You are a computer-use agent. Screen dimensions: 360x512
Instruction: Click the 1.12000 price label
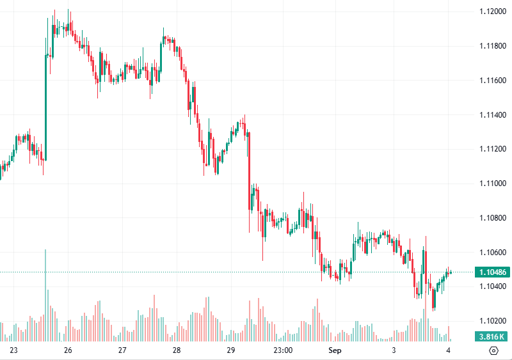coord(492,12)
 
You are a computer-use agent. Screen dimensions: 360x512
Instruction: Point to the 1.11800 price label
coord(492,46)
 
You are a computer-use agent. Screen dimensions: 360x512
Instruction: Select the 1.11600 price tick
coord(492,81)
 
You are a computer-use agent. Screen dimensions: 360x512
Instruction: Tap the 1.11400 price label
coord(492,115)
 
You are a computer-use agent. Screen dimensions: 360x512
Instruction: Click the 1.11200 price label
coord(492,149)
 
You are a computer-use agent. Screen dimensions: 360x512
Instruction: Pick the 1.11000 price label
coord(492,184)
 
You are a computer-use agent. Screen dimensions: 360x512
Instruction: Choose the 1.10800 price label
coord(492,218)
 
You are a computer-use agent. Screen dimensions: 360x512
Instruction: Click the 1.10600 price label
coord(492,252)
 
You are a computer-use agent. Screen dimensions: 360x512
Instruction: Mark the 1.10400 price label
coord(492,286)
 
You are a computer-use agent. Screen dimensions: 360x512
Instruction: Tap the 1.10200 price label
coord(492,320)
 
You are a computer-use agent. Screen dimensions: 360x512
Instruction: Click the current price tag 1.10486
coord(492,272)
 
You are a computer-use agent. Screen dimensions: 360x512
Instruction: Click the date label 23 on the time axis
coord(14,350)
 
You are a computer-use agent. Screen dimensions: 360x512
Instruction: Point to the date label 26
coord(68,350)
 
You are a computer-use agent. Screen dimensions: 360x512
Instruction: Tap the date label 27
coord(122,350)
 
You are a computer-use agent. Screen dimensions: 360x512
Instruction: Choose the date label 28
coord(177,350)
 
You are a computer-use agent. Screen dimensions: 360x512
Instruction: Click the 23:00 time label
coord(283,350)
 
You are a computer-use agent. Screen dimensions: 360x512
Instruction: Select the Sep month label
coord(335,350)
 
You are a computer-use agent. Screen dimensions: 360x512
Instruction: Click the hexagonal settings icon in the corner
coord(493,350)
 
